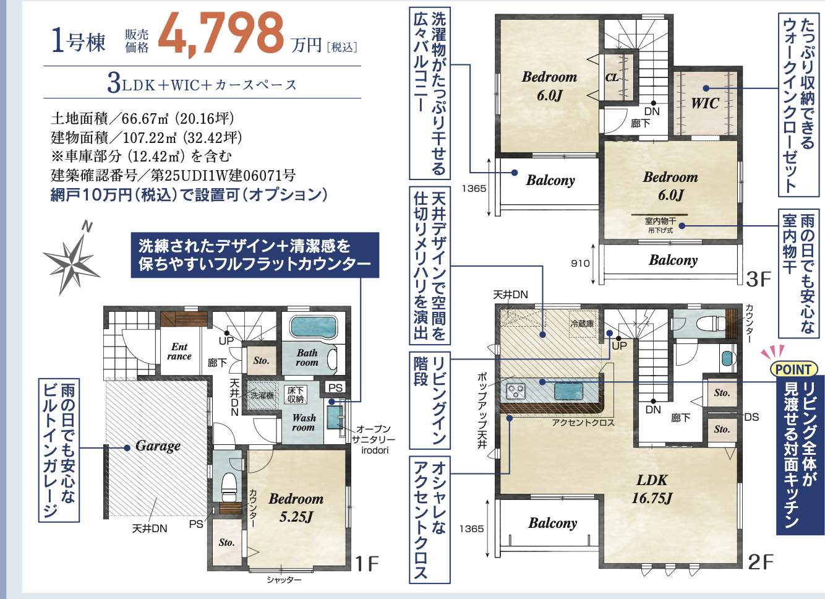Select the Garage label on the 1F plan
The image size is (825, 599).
pos(158,446)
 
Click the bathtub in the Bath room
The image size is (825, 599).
pos(314,327)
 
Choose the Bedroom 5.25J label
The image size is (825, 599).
pos(296,507)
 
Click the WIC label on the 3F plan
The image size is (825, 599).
pos(705,103)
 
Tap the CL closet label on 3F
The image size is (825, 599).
pos(612,78)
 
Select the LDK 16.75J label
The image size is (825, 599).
pos(652,489)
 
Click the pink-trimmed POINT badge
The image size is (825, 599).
pos(794,369)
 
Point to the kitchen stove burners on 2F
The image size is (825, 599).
pos(516,390)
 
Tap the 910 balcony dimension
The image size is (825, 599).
pos(580,264)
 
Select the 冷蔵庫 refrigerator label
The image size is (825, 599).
pos(582,324)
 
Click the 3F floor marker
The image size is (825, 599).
pos(758,279)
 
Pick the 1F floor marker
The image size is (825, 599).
pos(367,563)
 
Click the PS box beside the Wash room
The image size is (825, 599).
pos(335,388)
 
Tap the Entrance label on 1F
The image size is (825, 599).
pos(179,351)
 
